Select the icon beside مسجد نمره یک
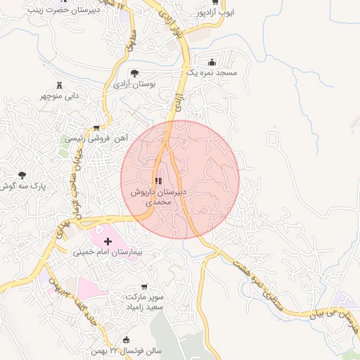pos(212,62)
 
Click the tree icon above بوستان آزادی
pos(134,72)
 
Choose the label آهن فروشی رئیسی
pos(96,139)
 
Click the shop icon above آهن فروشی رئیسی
pos(96,128)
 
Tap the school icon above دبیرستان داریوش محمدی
pos(157,181)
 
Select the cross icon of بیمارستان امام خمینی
pos(107,241)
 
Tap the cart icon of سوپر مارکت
pos(144,287)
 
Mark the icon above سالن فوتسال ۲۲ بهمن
pos(127,340)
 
